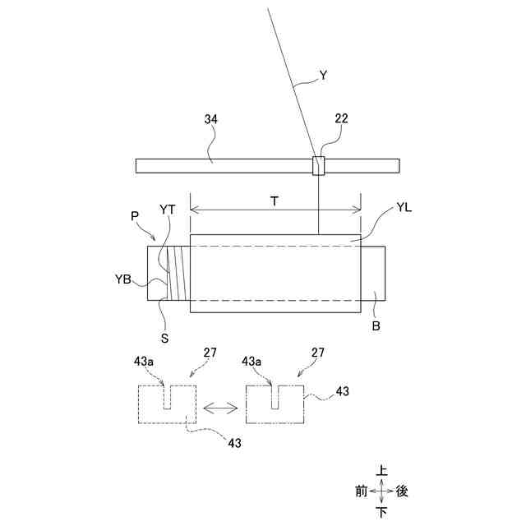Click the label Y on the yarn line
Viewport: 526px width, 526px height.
pyautogui.click(x=323, y=76)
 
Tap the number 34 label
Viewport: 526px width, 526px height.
pyautogui.click(x=211, y=119)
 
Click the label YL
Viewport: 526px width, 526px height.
pyautogui.click(x=404, y=208)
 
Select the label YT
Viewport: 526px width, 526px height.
pyautogui.click(x=168, y=210)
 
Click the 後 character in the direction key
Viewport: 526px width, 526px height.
pyautogui.click(x=402, y=491)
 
